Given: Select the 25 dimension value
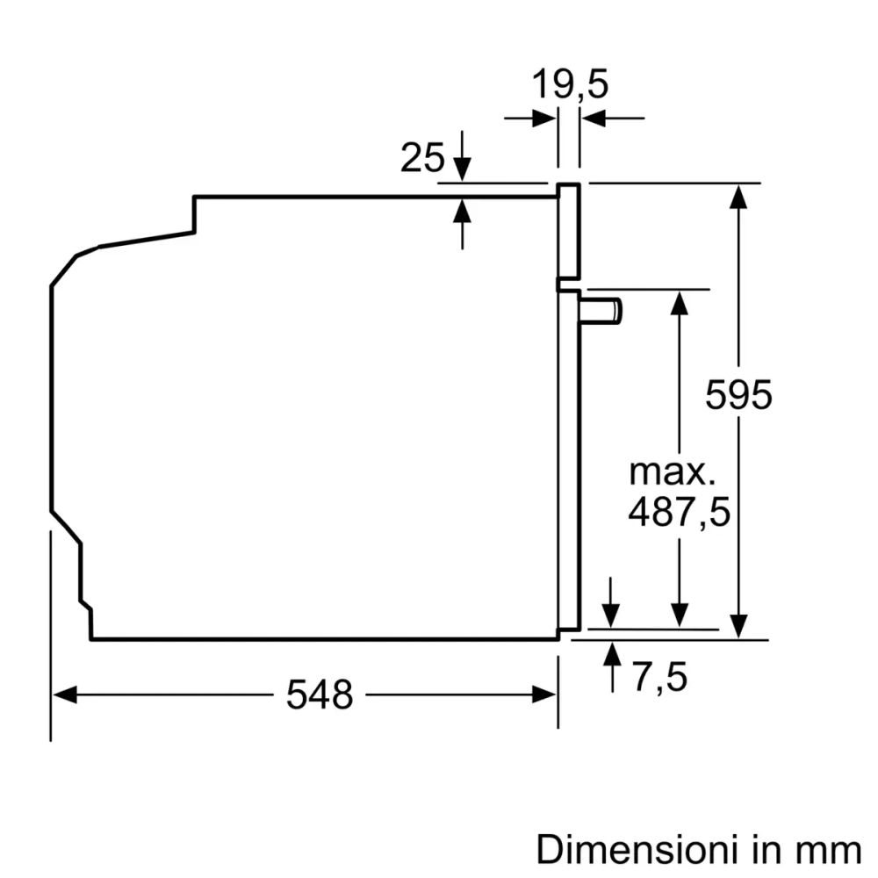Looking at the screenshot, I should pos(422,158).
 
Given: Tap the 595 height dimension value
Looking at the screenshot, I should pos(739,395).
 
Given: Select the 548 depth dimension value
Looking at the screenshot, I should pos(320,695).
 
